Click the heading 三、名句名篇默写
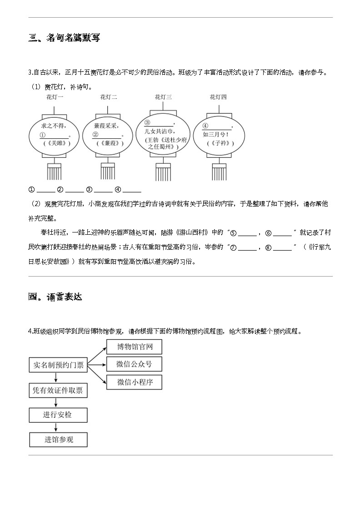point(64,38)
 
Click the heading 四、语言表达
point(55,297)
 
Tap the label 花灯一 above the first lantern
point(55,97)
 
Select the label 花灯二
point(109,97)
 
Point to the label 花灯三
point(163,97)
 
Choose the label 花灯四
point(218,97)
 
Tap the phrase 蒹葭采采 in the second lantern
point(105,126)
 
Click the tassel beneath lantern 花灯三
point(163,172)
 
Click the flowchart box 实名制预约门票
point(58,365)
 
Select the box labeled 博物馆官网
point(134,348)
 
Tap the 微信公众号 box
point(134,364)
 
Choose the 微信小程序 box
point(134,382)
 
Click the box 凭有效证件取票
point(58,390)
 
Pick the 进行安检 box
point(58,415)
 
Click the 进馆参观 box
point(58,439)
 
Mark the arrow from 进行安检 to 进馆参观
point(56,427)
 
